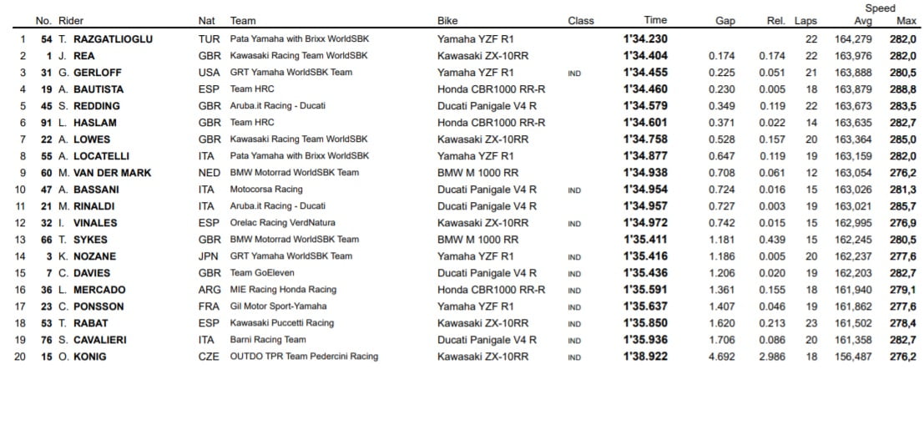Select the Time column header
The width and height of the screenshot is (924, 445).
point(655,21)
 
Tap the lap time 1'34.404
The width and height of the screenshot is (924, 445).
point(645,56)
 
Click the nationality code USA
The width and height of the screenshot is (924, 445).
point(210,73)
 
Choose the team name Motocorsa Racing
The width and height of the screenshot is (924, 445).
point(266,190)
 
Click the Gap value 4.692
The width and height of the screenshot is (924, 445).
point(721,357)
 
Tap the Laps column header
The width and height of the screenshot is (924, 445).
point(805,21)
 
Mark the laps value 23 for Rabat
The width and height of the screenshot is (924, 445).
point(811,323)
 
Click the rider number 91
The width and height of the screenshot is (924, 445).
point(47,123)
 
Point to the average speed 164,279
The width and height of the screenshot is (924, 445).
point(852,39)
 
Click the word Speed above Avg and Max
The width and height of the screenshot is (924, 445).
point(880,8)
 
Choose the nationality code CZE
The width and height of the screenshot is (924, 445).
point(210,357)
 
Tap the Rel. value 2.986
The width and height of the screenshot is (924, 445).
point(772,357)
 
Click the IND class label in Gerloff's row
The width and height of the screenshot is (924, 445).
point(574,73)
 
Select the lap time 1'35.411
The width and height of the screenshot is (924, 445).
point(645,240)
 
